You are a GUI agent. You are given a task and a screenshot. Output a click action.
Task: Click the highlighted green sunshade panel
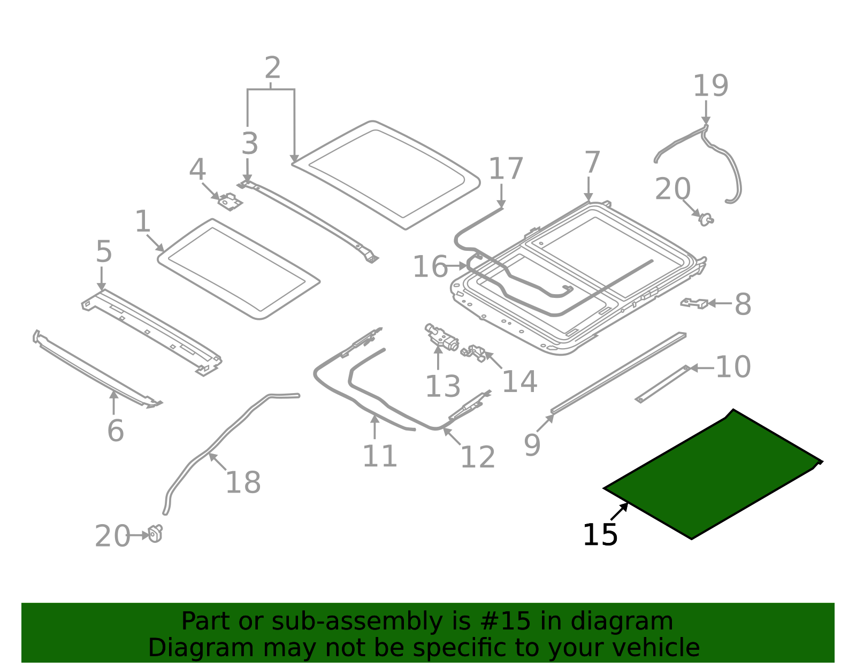[x=712, y=476]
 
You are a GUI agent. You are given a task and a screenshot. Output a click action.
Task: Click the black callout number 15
[x=600, y=535]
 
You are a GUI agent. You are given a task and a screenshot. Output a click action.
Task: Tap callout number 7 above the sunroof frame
[x=592, y=163]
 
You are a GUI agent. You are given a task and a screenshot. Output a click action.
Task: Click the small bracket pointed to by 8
[x=694, y=303]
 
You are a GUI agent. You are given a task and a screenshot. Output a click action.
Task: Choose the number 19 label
[x=710, y=86]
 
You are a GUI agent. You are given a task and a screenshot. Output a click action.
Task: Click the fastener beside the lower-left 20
[x=155, y=534]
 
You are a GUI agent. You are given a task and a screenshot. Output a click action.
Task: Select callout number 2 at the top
[x=272, y=68]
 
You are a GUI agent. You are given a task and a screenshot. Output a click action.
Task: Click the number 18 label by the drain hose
[x=243, y=482]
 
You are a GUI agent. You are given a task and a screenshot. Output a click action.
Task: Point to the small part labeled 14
[x=475, y=352]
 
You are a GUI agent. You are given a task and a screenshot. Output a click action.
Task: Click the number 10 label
[x=733, y=367]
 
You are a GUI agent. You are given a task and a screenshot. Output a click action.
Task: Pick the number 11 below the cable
[x=380, y=456]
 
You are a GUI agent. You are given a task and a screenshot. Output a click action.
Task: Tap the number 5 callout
[x=104, y=251]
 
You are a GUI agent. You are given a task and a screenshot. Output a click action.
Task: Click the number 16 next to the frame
[x=430, y=266]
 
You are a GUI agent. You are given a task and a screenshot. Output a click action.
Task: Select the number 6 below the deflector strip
[x=116, y=431]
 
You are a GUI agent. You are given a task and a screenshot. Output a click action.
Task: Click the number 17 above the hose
[x=506, y=169]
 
